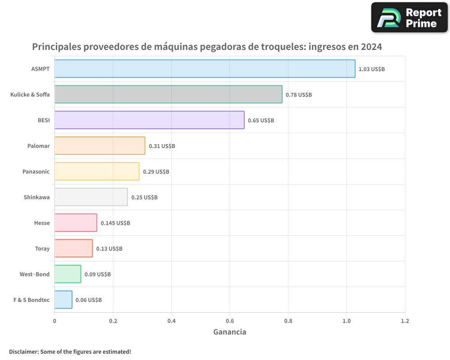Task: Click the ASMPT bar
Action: point(205,69)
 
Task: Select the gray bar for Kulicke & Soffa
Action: point(168,94)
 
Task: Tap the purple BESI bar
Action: point(149,120)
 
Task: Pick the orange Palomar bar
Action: point(100,146)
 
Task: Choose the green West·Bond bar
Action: point(68,274)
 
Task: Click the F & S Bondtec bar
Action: point(63,300)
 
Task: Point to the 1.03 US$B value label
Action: point(371,69)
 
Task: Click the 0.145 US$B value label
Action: point(115,223)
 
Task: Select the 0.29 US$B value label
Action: point(156,172)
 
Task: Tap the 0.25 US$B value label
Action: point(144,198)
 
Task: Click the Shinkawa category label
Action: point(36,197)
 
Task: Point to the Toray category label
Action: point(42,248)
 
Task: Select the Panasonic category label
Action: point(36,171)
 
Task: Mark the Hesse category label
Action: point(42,223)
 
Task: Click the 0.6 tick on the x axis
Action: point(229,321)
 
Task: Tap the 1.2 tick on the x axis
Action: point(405,321)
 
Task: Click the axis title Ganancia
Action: point(229,332)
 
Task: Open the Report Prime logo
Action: point(409,18)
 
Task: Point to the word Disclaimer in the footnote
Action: point(23,351)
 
